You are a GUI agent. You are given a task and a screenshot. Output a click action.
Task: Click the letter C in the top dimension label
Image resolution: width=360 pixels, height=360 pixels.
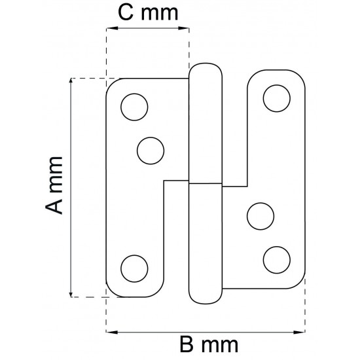click(x=126, y=12)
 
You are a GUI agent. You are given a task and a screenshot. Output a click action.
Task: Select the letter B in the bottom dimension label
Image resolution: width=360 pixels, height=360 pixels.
click(x=187, y=344)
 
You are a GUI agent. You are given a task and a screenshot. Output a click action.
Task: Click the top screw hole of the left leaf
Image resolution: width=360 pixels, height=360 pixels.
click(x=134, y=107)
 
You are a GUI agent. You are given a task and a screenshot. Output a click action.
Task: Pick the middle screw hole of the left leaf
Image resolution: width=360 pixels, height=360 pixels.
click(x=151, y=151)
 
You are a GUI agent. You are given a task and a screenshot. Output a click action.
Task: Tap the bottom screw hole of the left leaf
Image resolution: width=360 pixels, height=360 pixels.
click(x=134, y=268)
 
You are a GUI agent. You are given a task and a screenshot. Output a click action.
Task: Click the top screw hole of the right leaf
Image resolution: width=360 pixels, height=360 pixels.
click(x=277, y=98)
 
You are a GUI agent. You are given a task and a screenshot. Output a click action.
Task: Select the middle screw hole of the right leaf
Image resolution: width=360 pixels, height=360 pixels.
click(x=261, y=216)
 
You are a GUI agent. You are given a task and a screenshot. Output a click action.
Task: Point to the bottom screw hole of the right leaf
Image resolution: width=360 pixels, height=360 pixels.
click(x=277, y=260)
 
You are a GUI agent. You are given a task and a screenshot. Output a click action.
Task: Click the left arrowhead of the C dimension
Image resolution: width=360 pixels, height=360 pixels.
click(x=112, y=28)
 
